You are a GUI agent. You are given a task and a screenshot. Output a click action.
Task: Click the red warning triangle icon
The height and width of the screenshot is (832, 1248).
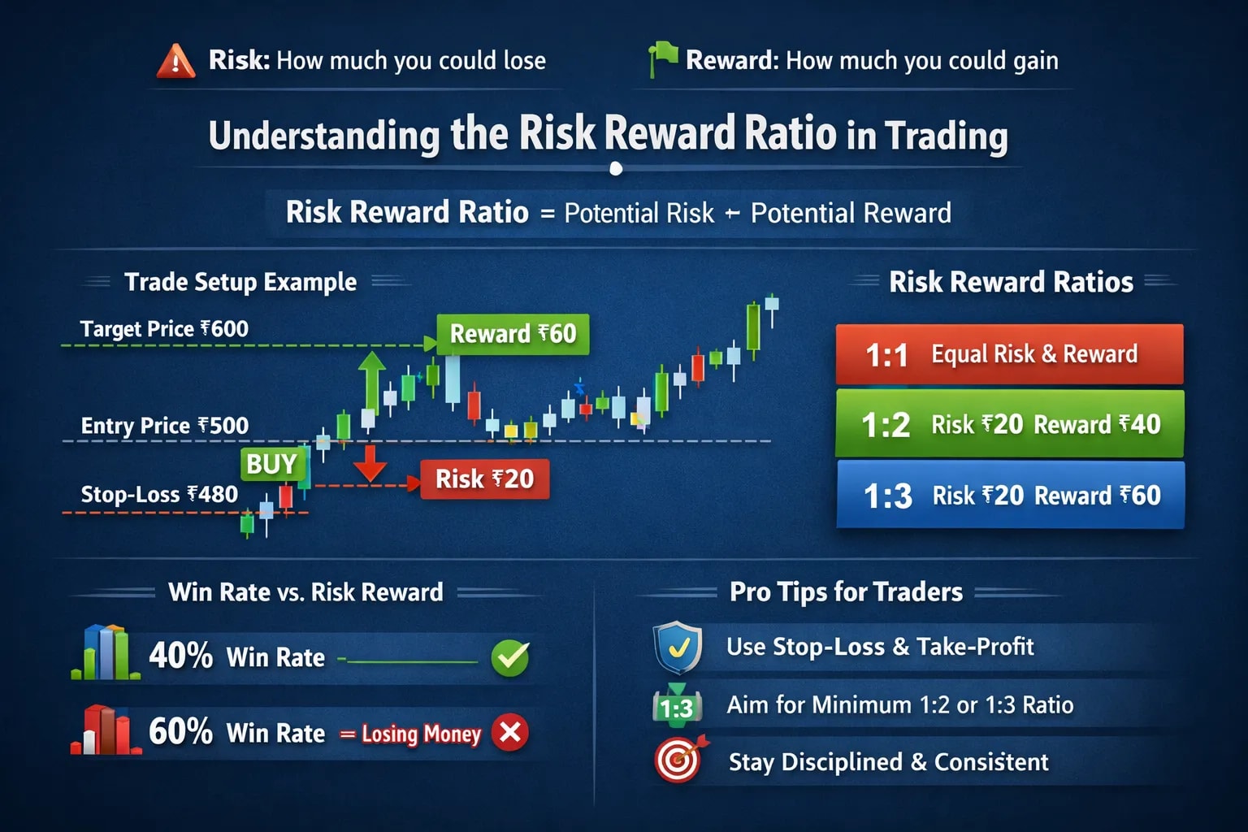pos(176,62)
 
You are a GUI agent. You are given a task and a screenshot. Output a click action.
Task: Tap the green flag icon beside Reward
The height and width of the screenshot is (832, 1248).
pos(662,59)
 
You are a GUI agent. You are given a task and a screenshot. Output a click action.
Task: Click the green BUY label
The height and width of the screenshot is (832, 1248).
pos(271,464)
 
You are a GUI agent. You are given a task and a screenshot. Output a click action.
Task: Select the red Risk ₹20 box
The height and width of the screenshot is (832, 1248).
pos(484,479)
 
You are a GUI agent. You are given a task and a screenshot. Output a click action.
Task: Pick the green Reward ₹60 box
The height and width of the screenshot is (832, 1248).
pos(513,334)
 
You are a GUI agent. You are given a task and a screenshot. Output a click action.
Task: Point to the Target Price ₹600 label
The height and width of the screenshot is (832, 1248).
pos(164,329)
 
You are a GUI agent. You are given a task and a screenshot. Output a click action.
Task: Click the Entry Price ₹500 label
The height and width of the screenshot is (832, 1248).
pos(164,426)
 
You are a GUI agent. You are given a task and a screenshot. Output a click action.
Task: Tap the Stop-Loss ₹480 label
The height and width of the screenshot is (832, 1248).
pos(159,495)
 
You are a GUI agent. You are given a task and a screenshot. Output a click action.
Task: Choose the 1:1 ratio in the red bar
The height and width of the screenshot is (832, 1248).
pos(886,355)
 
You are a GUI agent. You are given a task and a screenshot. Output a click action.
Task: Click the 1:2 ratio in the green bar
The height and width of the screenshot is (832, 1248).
pos(886,425)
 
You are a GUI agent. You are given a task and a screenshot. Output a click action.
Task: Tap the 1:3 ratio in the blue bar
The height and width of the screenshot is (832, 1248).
pos(887,496)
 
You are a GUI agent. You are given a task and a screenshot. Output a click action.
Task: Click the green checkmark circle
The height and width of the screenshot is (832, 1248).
pos(510,658)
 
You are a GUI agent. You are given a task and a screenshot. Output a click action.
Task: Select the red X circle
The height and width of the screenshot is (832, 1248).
pos(510,733)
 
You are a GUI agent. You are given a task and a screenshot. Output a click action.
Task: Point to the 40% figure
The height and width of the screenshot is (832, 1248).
pos(180,656)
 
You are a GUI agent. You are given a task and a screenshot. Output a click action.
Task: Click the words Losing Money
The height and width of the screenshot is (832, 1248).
pos(421,734)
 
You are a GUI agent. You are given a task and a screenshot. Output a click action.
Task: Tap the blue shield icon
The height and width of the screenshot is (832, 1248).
pos(678,648)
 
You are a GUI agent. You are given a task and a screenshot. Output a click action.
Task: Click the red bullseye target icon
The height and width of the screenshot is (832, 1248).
pos(678,760)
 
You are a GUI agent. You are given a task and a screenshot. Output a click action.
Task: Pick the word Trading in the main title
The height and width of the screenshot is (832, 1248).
pos(946,136)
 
